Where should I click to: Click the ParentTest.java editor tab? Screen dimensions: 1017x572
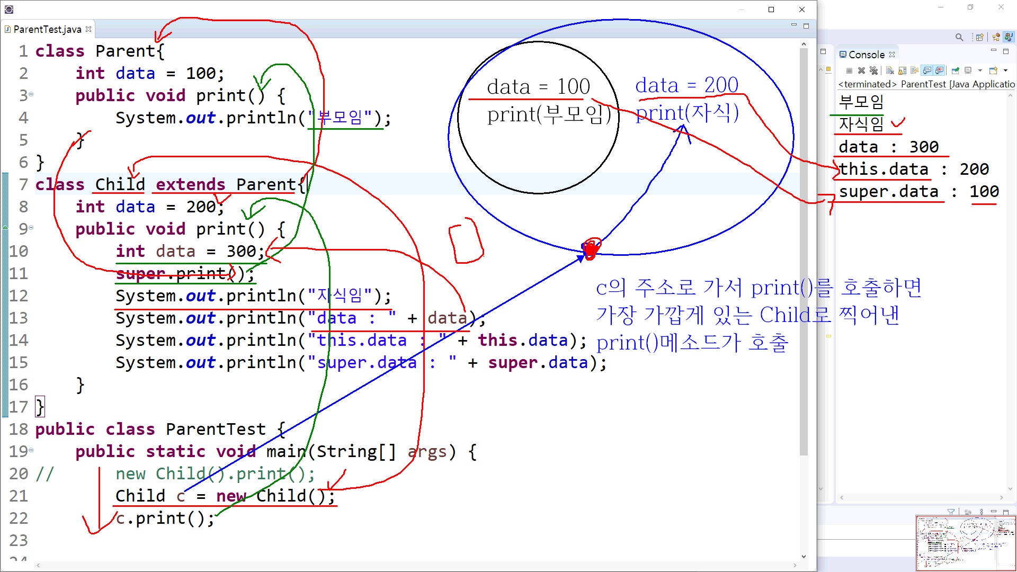(47, 30)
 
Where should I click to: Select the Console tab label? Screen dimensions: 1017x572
(866, 55)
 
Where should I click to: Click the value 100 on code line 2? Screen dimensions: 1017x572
(201, 73)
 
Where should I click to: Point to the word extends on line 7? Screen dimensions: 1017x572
(190, 184)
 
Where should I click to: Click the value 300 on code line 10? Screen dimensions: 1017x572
(241, 251)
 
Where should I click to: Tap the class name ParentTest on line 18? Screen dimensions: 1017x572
(216, 429)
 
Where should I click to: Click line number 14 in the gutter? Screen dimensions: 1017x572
(19, 340)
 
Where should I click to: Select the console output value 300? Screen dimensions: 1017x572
(924, 147)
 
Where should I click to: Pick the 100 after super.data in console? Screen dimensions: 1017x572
(984, 191)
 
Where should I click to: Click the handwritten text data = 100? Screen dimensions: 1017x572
(538, 86)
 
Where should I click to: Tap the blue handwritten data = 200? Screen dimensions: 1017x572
(686, 85)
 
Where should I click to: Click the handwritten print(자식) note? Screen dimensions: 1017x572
(686, 113)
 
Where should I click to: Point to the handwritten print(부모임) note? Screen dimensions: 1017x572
(549, 114)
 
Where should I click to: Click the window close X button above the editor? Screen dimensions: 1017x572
(802, 10)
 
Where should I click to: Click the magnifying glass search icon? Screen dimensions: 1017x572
(959, 37)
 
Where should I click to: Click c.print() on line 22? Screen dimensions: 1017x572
(164, 518)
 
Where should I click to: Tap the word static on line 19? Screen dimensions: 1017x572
(175, 451)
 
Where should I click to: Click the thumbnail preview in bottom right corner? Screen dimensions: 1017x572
(966, 543)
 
